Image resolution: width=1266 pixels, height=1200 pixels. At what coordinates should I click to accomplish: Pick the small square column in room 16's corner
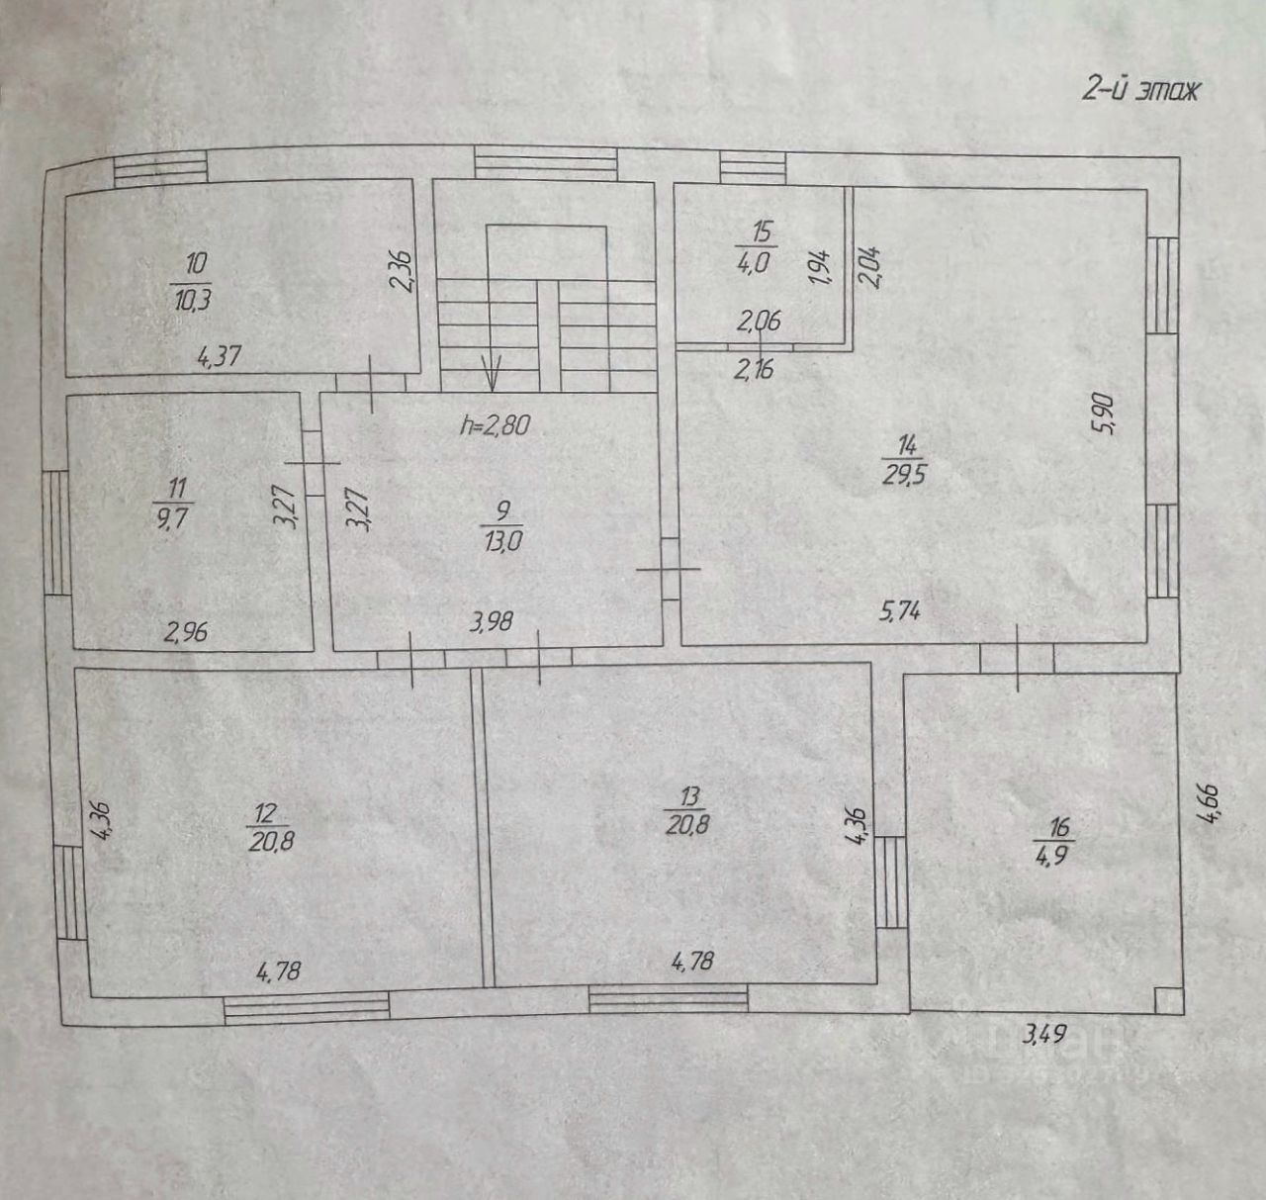point(1168,1000)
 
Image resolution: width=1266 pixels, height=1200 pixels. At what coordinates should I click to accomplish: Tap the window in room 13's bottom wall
point(669,999)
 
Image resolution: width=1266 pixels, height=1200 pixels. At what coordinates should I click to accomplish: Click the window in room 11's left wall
point(56,531)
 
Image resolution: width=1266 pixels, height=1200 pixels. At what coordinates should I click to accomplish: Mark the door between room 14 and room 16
point(1018,657)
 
